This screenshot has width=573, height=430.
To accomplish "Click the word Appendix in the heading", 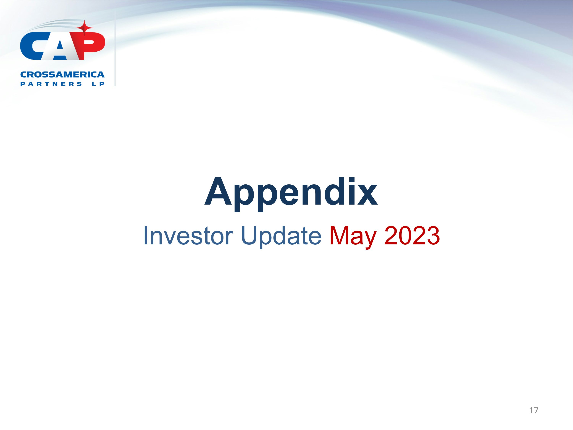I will point(291,193).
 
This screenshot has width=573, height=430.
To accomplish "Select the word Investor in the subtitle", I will point(188,236).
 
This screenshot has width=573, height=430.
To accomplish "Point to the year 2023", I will point(412,236).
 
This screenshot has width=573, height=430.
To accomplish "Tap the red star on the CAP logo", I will point(84,28).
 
